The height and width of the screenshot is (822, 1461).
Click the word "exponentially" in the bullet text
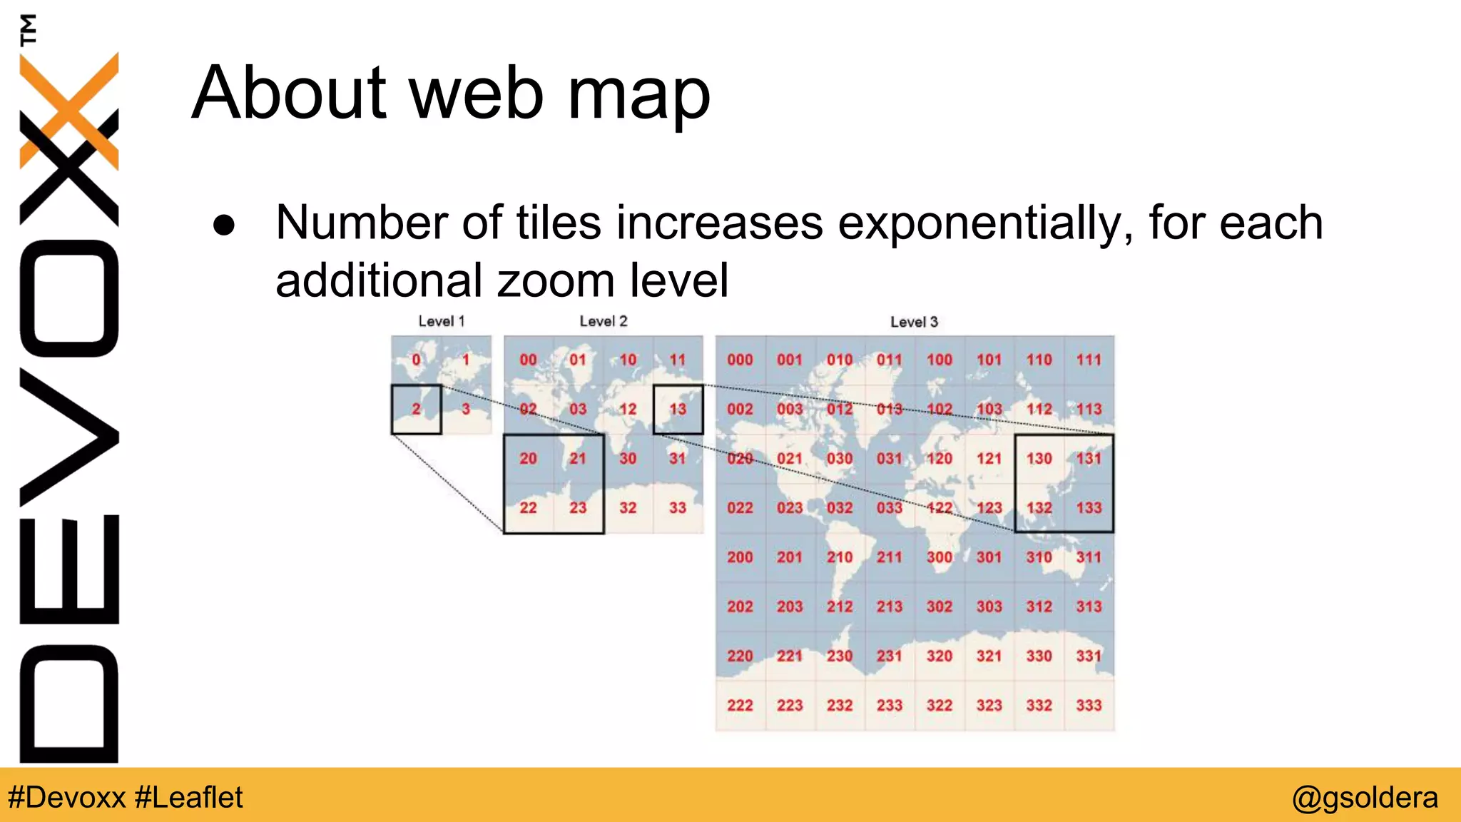click(985, 223)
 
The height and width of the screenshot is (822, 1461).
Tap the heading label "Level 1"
click(441, 321)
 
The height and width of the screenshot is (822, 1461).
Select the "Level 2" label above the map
click(603, 321)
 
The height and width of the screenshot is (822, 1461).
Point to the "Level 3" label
click(914, 322)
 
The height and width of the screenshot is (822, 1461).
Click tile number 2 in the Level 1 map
click(416, 409)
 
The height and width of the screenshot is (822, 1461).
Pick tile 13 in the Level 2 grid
click(678, 409)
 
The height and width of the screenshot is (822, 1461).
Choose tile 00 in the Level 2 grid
click(528, 360)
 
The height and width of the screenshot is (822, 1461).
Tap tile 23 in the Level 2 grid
click(578, 507)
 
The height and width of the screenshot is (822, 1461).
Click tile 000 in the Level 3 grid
click(740, 360)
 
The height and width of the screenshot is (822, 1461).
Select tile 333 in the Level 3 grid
click(1089, 705)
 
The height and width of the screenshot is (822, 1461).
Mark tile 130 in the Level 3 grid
click(1039, 458)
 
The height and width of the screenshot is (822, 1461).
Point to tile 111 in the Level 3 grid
click(1089, 360)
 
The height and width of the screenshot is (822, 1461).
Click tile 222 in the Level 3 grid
click(740, 705)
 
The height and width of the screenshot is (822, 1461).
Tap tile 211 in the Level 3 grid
click(890, 557)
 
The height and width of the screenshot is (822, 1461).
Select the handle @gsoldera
click(1365, 797)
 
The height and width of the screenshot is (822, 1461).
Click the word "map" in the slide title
click(638, 94)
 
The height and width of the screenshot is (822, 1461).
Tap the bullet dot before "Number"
click(224, 225)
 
